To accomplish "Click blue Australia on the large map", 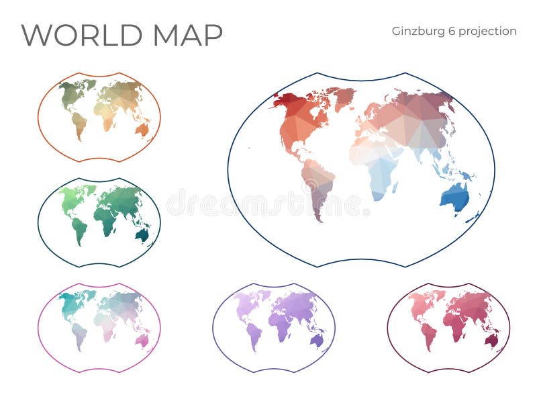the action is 455,197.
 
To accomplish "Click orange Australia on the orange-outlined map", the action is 142,129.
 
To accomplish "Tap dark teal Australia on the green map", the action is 142,234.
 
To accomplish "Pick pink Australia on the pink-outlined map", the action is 142,341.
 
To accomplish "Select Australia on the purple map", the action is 316,340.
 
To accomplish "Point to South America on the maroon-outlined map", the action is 429,336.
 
